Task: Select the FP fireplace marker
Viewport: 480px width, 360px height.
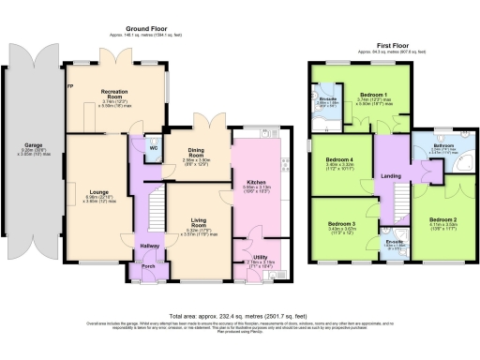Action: pyautogui.click(x=69, y=86)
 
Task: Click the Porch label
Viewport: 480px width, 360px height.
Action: pyautogui.click(x=147, y=265)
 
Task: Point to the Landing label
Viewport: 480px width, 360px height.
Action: pyautogui.click(x=391, y=175)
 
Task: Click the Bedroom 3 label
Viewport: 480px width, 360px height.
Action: pyautogui.click(x=340, y=224)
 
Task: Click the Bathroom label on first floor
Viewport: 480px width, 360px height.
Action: pyautogui.click(x=443, y=147)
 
